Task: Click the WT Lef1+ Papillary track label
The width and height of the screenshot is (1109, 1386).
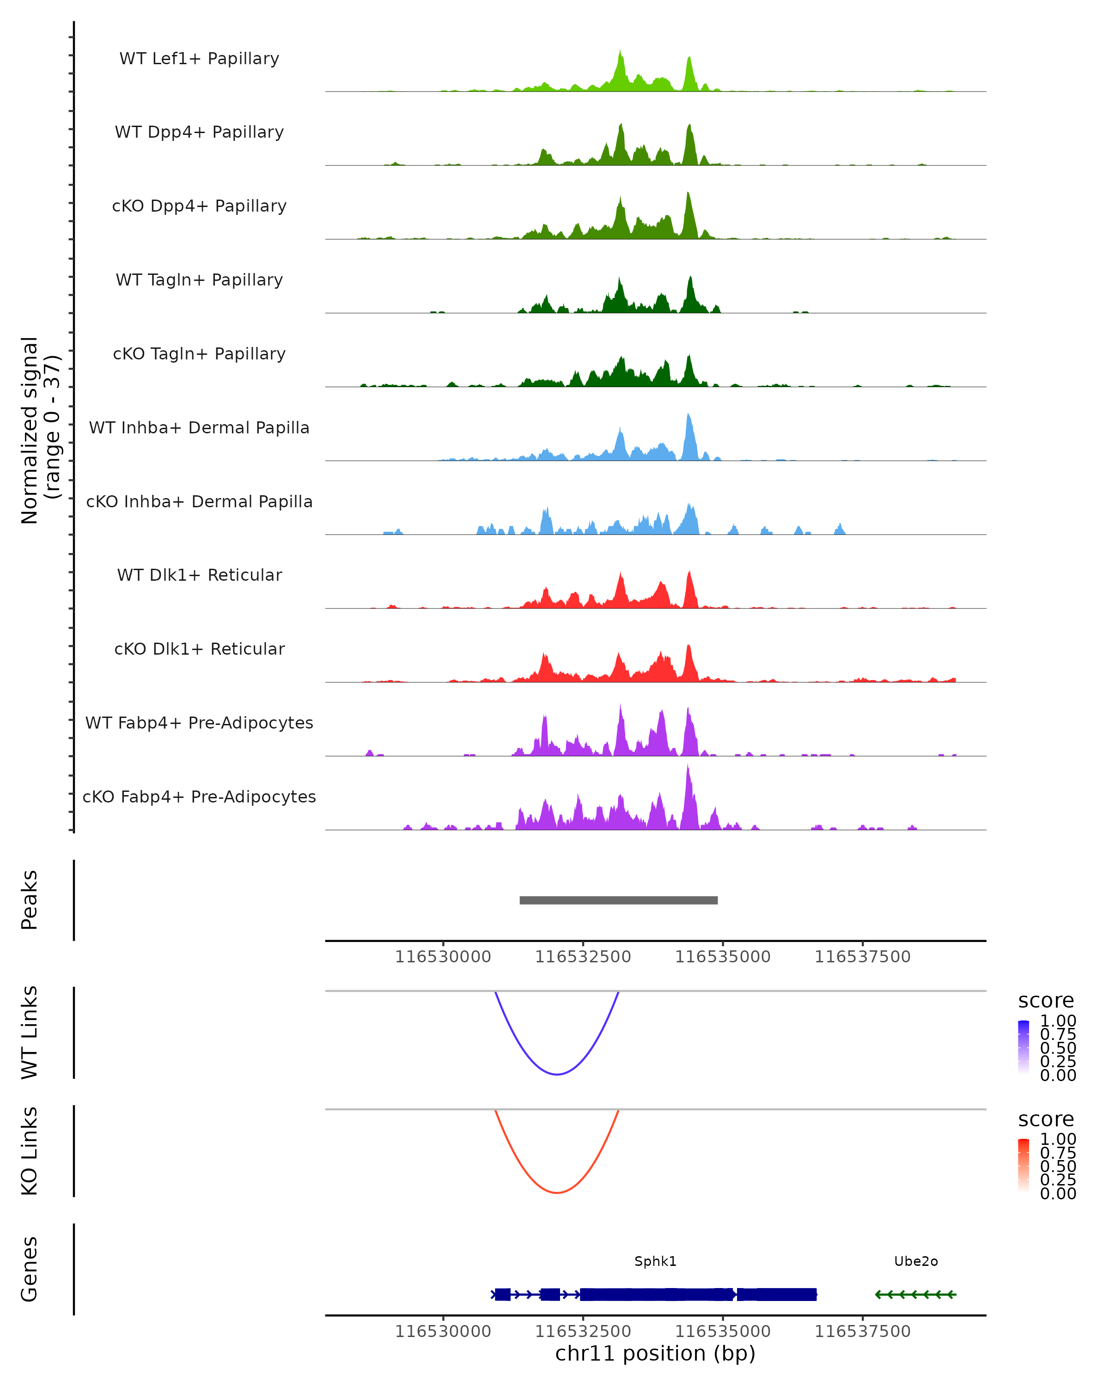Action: pyautogui.click(x=199, y=59)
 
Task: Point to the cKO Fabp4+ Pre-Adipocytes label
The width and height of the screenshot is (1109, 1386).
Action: pyautogui.click(x=199, y=796)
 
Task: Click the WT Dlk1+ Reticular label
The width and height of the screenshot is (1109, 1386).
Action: pyautogui.click(x=199, y=575)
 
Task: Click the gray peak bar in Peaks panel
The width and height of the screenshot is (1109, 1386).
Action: pyautogui.click(x=618, y=900)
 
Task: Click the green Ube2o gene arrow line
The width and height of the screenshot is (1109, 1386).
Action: pyautogui.click(x=915, y=1294)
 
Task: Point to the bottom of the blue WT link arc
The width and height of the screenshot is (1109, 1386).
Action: pyautogui.click(x=557, y=1074)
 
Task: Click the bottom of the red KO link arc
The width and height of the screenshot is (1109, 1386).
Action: pyautogui.click(x=557, y=1192)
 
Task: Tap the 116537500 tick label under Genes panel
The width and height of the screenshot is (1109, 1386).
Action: pyautogui.click(x=862, y=1331)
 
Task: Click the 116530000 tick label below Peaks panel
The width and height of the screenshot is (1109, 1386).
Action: pyautogui.click(x=443, y=957)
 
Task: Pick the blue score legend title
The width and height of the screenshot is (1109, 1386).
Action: pyautogui.click(x=1046, y=1001)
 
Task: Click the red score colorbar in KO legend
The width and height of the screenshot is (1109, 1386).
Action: pyautogui.click(x=1024, y=1166)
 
